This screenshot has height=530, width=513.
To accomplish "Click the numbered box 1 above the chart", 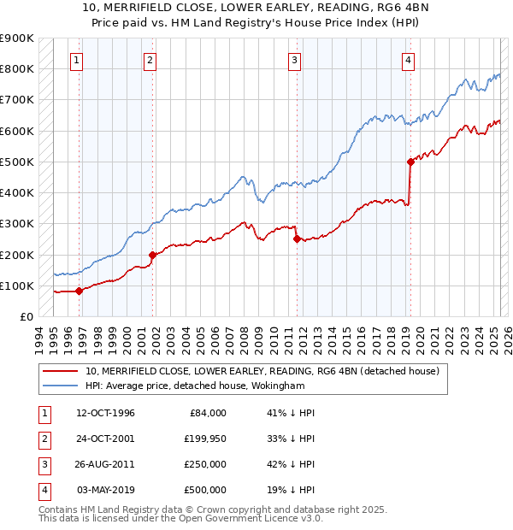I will [77, 60].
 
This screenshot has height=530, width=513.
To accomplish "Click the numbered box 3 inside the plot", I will [294, 60].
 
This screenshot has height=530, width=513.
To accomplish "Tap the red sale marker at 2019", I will [410, 162].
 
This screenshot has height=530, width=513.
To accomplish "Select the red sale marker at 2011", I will [298, 239].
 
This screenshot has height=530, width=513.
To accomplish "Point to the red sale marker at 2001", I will [152, 255].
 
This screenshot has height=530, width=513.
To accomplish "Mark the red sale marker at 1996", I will [79, 291].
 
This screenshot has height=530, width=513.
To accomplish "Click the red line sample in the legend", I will [61, 371].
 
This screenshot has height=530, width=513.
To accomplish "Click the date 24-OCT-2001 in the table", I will [106, 439].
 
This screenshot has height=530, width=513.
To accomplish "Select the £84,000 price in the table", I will [206, 413].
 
